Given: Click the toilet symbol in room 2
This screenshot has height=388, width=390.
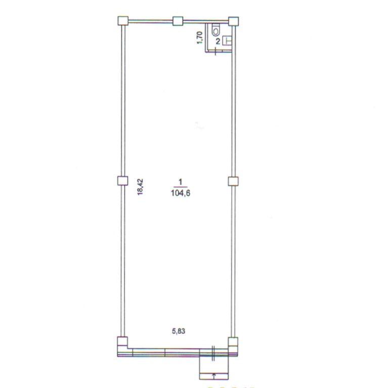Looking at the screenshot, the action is (215, 30).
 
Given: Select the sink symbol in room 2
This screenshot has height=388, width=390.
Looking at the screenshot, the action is (227, 40).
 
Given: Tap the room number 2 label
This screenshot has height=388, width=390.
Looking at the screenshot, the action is (218, 41).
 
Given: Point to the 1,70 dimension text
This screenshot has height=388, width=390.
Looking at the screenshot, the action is (200, 37).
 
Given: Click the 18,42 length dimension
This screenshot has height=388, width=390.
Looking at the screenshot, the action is (140, 187).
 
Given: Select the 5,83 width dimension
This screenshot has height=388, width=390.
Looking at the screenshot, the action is (179, 331).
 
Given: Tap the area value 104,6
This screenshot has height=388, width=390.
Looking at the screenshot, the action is (181, 193).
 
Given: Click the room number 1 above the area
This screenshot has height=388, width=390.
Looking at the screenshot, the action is (180, 182).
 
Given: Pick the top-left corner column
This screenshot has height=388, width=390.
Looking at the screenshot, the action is (123, 21).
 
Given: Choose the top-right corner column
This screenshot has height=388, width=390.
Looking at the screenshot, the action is (233, 21).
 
